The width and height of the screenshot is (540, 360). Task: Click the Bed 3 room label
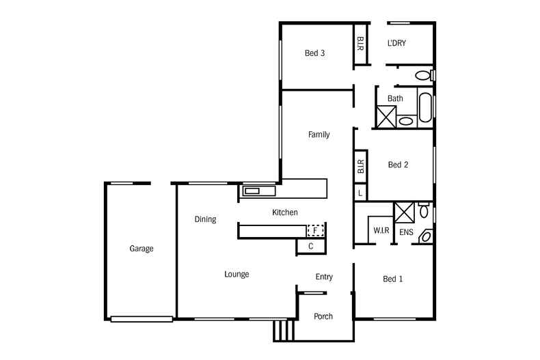coord(314,53)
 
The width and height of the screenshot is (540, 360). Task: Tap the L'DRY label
coord(396,43)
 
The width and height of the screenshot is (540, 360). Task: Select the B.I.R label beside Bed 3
coord(360,44)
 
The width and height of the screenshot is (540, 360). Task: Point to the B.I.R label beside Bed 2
coord(360,166)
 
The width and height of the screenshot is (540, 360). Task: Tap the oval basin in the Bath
coord(406,122)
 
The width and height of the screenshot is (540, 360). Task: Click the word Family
coord(319,135)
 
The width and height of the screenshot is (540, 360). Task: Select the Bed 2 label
coord(398,165)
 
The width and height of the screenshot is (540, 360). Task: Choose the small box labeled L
coord(360,194)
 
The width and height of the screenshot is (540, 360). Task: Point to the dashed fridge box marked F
coord(316,230)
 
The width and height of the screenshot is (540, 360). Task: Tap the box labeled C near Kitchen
coord(310,247)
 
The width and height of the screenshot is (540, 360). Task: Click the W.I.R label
coord(381,230)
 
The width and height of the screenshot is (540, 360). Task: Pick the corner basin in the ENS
coord(426,236)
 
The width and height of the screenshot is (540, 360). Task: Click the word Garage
coord(141,249)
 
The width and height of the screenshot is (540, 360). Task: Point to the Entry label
coord(324,277)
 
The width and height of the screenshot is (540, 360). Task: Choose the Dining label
coord(205,219)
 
